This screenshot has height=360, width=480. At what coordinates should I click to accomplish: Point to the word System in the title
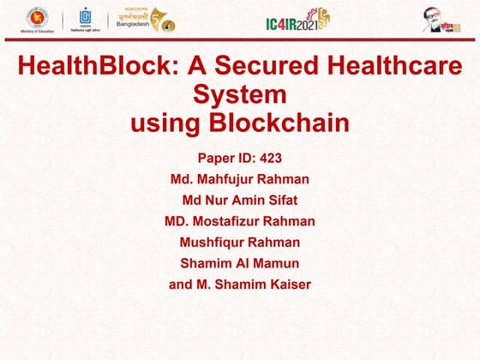240,93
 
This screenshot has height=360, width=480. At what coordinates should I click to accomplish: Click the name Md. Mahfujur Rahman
240,179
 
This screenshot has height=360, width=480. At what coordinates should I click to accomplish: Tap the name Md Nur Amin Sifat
240,200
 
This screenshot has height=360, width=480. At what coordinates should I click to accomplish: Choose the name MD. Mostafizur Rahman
240,221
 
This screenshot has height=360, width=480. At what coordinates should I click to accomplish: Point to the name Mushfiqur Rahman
240,242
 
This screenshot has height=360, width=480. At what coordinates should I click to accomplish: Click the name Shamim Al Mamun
240,263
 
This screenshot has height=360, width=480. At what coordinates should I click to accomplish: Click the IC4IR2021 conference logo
296,19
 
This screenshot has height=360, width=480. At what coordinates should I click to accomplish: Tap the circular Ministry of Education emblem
37,17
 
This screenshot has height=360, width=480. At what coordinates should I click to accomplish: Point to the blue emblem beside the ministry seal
85,17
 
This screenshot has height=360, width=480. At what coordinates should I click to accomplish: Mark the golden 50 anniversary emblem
163,19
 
